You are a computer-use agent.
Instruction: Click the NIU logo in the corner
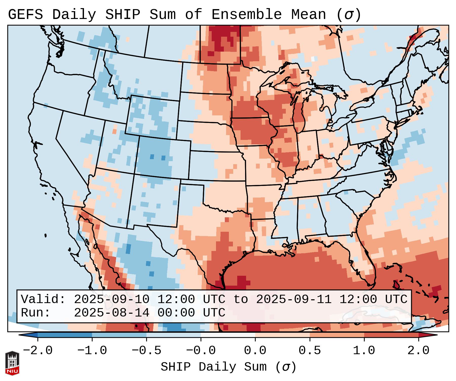coord(12,363)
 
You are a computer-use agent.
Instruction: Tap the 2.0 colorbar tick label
coord(418,351)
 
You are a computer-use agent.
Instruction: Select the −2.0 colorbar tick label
coord(38,351)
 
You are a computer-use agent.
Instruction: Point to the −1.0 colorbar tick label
coord(92,351)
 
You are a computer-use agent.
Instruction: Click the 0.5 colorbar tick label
coord(310,351)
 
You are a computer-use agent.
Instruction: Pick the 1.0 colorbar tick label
coord(364,351)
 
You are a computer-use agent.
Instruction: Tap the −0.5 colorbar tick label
coord(146,351)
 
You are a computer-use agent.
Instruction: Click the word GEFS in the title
coord(26,15)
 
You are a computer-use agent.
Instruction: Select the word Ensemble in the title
coord(246,15)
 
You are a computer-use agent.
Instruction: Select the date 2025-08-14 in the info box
coord(111,313)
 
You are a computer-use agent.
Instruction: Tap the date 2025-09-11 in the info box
coord(294,299)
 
